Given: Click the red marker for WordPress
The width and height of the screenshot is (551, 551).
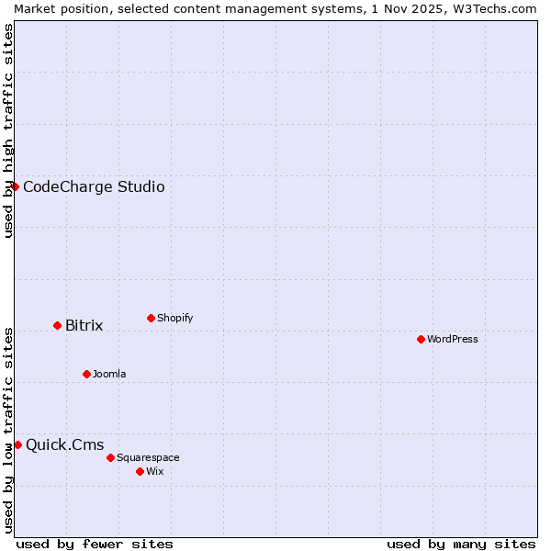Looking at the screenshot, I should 421,339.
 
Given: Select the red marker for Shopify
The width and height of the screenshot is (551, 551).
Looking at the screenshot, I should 151,319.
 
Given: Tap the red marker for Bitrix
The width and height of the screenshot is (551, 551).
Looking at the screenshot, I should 57,326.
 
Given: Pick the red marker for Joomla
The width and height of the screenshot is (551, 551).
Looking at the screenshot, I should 86,374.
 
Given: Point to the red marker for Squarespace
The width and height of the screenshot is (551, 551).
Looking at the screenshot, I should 110,457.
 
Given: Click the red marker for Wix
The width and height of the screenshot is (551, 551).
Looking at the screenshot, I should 140,471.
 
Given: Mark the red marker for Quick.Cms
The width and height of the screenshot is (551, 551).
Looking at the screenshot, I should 17,445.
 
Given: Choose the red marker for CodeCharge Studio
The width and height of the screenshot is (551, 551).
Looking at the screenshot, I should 15,187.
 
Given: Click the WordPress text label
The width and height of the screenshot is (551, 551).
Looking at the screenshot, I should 453,339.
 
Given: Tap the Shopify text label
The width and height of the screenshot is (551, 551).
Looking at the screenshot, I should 175,319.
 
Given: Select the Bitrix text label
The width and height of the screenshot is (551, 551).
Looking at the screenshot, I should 84,326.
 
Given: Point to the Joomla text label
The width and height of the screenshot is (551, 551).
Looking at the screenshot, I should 109,374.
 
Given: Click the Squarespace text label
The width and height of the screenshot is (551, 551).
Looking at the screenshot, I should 148,457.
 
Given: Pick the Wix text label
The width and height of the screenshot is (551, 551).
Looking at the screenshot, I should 155,471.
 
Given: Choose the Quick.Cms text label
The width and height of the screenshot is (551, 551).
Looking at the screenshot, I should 64,445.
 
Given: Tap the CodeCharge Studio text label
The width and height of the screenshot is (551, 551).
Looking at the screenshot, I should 94,187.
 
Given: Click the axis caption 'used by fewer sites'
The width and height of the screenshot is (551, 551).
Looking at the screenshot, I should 95,544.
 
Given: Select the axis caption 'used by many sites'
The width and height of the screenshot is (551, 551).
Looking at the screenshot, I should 461,544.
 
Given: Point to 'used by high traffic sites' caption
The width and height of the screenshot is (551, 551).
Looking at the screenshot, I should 8,130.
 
